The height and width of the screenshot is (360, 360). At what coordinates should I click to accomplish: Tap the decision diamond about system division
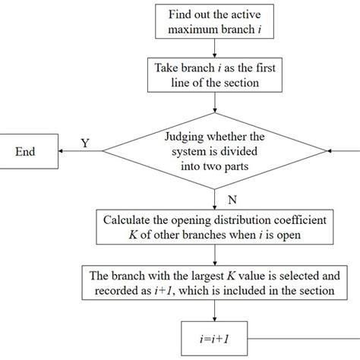click(216, 151)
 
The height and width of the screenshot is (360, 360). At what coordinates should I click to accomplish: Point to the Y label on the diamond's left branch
click(84, 143)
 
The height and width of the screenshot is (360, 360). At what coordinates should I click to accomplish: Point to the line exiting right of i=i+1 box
click(304, 335)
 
